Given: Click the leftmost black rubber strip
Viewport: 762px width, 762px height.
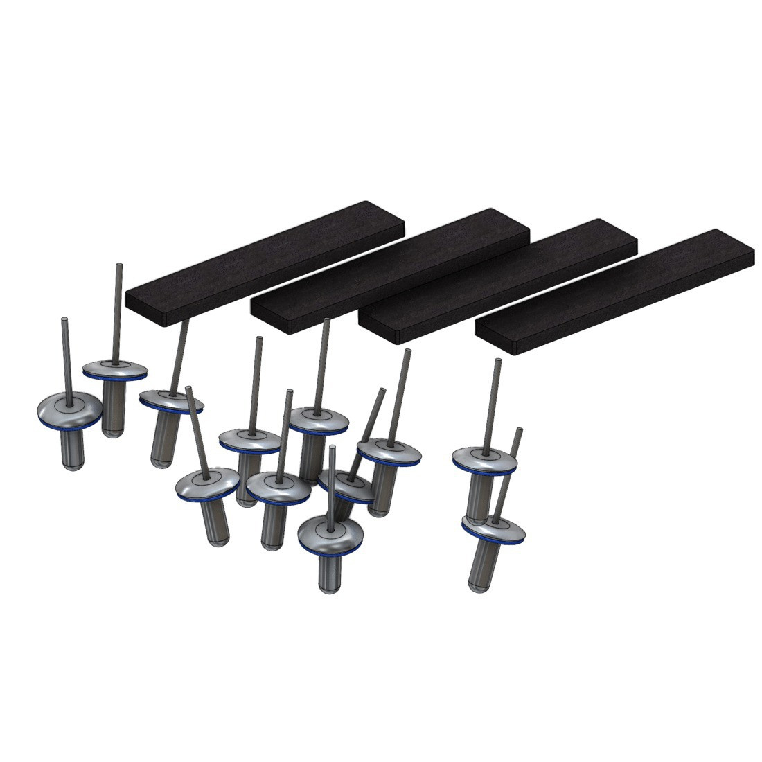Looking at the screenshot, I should click(263, 263).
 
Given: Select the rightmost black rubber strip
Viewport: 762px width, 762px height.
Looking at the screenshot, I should click(617, 291).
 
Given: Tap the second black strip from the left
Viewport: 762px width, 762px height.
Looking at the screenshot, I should click(388, 270).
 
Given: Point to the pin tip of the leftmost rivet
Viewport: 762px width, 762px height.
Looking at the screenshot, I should click(64, 319).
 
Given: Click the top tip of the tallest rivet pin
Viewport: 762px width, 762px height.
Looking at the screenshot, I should click(118, 265).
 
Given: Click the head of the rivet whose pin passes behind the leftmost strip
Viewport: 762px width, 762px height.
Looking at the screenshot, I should click(170, 400).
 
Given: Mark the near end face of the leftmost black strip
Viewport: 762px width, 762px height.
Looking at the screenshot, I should click(145, 308).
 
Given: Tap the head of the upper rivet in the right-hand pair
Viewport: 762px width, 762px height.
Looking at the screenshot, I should click(484, 459).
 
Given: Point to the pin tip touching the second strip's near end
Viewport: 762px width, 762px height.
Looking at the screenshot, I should click(326, 321).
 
